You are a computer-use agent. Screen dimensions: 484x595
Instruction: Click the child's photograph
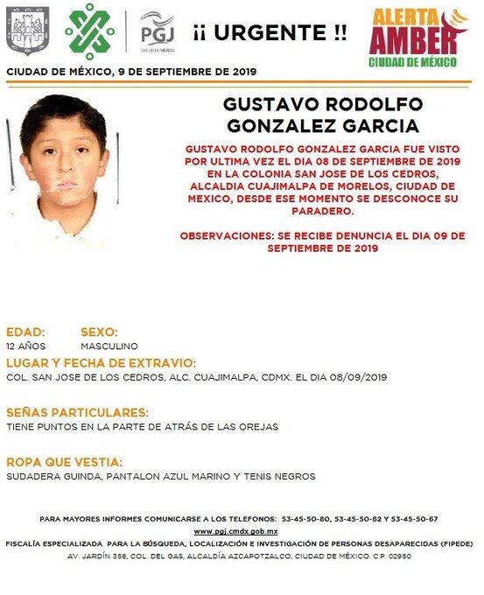63,166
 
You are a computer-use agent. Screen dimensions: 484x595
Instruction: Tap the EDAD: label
25,332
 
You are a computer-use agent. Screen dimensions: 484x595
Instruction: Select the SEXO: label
99,332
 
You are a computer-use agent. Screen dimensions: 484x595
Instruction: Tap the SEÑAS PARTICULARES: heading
77,412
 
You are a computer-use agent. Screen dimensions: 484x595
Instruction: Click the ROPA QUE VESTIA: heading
65,461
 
